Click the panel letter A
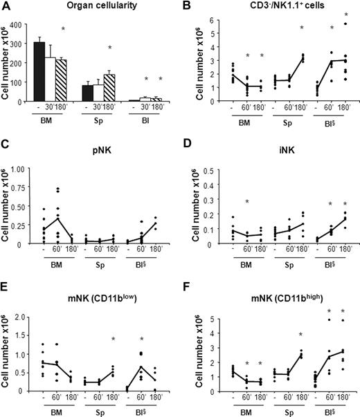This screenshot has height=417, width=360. (8, 7)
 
